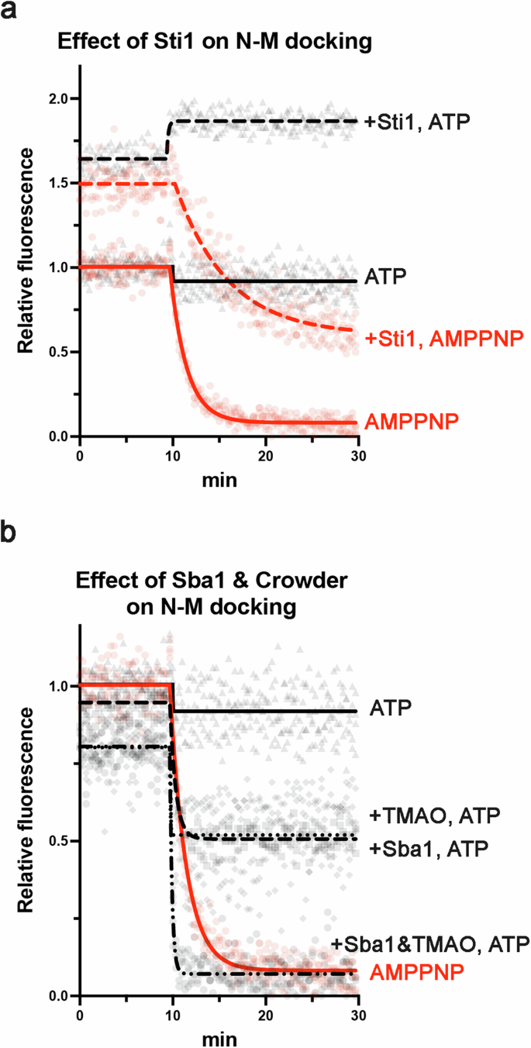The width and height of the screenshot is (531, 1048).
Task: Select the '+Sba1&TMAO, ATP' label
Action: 430,943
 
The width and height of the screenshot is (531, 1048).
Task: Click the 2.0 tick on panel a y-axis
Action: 59,99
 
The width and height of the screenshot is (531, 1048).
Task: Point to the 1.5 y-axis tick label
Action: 59,183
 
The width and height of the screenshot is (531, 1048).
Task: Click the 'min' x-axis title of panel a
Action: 219,480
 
